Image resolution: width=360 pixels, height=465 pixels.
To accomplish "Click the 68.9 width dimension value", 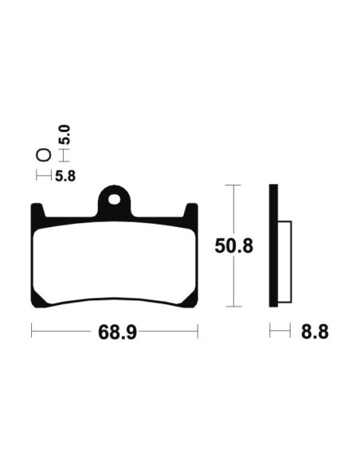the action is [x=117, y=332].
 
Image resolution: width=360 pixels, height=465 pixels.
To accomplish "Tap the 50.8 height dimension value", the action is [x=234, y=246].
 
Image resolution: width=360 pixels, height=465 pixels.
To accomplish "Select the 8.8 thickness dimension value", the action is [x=315, y=332].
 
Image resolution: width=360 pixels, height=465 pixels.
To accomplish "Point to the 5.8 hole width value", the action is [x=65, y=176].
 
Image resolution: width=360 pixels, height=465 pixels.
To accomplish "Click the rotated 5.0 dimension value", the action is [x=65, y=135].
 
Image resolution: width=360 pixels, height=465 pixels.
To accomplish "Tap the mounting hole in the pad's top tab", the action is [x=115, y=199].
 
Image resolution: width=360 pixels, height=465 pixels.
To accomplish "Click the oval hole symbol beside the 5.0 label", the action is [x=44, y=155].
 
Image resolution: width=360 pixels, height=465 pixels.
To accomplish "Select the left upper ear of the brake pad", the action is [x=37, y=211].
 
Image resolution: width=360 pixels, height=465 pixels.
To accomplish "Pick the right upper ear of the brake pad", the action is [x=191, y=211].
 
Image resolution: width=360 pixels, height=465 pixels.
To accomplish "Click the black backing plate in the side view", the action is [x=273, y=245].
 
